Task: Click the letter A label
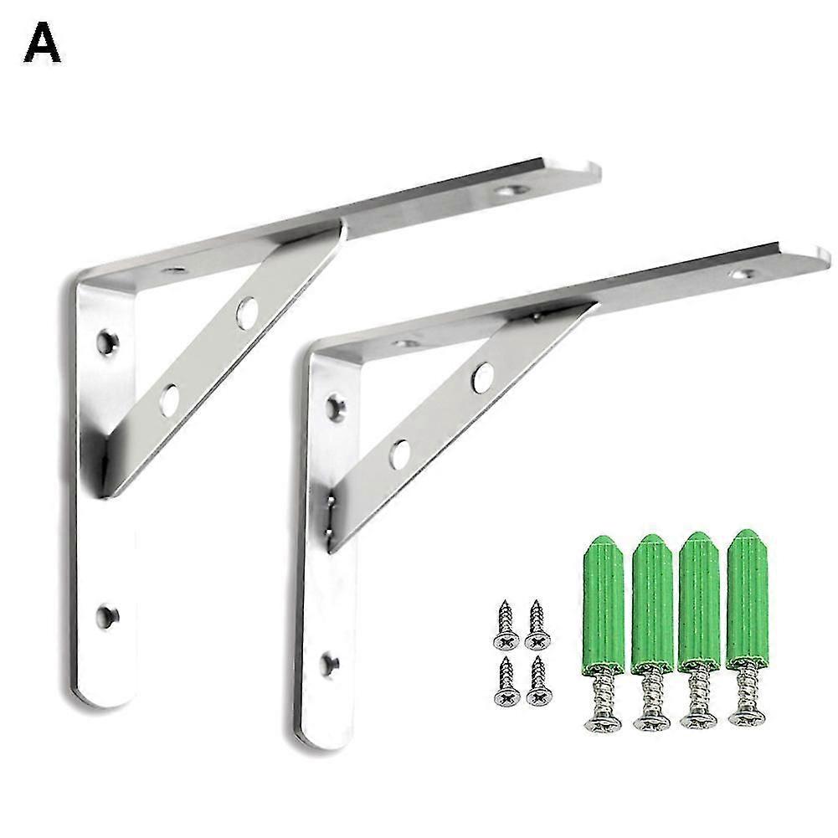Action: click(x=42, y=44)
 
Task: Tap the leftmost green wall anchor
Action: click(x=603, y=603)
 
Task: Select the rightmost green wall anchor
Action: click(x=748, y=598)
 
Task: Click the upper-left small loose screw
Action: click(x=505, y=625)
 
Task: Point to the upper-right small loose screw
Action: click(x=537, y=625)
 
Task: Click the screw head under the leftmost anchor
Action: click(x=603, y=722)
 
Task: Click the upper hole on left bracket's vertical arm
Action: click(x=106, y=341)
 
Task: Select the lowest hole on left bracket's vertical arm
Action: click(x=106, y=617)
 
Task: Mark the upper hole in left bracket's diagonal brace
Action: click(x=246, y=312)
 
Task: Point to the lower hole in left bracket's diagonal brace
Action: click(x=170, y=399)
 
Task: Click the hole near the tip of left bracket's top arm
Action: click(x=508, y=192)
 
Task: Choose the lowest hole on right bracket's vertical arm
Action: click(x=331, y=665)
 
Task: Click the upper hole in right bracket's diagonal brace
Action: click(x=481, y=378)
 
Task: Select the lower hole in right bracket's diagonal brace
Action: click(x=400, y=455)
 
